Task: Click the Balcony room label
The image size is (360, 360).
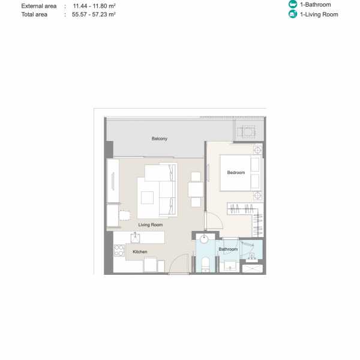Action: [160, 139]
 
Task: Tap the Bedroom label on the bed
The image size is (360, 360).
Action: [236, 172]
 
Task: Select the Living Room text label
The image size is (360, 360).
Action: [151, 225]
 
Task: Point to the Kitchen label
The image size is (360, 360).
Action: [140, 251]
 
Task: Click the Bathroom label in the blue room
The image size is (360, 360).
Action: [228, 249]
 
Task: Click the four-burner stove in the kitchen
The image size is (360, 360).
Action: [119, 250]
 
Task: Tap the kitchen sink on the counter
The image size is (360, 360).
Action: [135, 238]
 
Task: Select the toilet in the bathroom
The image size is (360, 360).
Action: [205, 264]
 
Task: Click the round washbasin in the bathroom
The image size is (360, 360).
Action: [204, 239]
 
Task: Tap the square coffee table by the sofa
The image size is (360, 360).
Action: [147, 197]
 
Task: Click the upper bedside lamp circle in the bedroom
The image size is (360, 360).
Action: [257, 150]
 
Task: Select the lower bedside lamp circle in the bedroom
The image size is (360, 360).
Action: [257, 196]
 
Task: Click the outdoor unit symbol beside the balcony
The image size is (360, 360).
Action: [247, 132]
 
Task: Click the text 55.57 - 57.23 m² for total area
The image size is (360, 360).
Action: [94, 14]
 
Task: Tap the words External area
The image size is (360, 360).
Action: [39, 6]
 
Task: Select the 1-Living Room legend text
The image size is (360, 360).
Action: [319, 14]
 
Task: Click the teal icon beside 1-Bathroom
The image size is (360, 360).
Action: [293, 4]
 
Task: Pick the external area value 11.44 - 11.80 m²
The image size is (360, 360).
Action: [94, 6]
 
